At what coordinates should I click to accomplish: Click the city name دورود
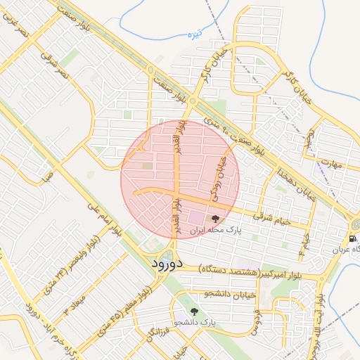tap(167, 264)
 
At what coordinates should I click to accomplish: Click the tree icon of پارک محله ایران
tap(215, 219)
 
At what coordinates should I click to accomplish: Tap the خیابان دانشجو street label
tap(211, 294)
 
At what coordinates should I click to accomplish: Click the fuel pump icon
tap(352, 239)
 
